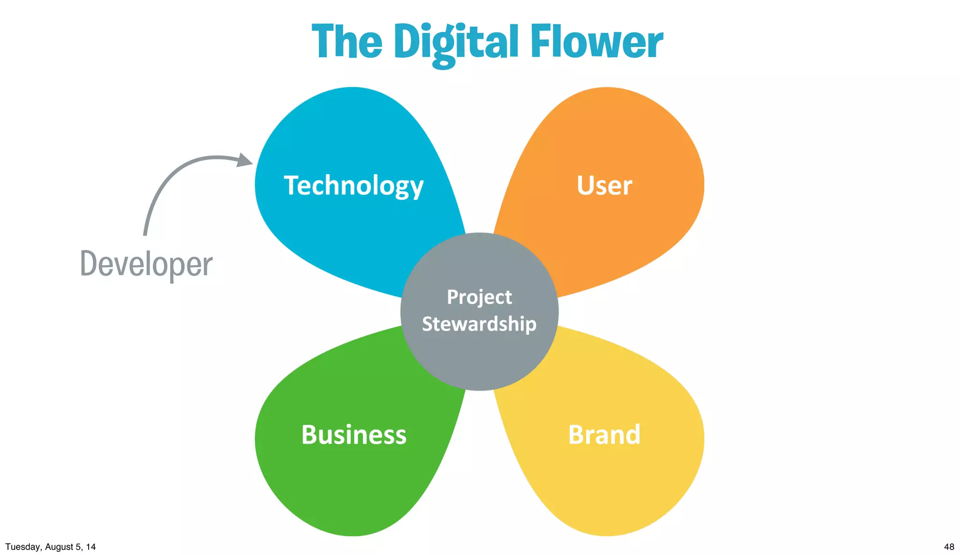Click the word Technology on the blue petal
[x=353, y=186]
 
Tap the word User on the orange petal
[x=604, y=186]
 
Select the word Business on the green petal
[x=354, y=435]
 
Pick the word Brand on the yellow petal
[x=604, y=435]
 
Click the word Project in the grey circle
[x=479, y=297]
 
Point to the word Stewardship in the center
[x=479, y=324]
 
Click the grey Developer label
[x=146, y=264]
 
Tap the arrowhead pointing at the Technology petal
[x=244, y=160]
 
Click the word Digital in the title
[x=456, y=43]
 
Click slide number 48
[x=949, y=547]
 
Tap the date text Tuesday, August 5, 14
[x=51, y=547]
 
